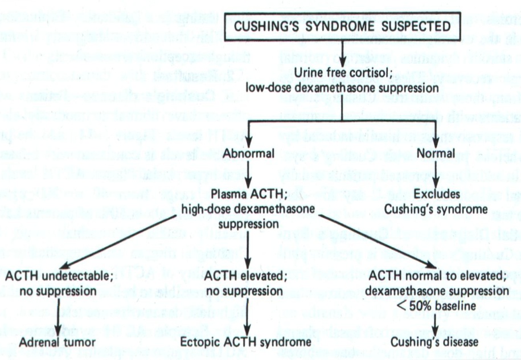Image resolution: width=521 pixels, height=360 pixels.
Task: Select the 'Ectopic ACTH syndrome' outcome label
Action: (246, 342)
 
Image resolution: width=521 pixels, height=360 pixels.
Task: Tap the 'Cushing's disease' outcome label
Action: (436, 342)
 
